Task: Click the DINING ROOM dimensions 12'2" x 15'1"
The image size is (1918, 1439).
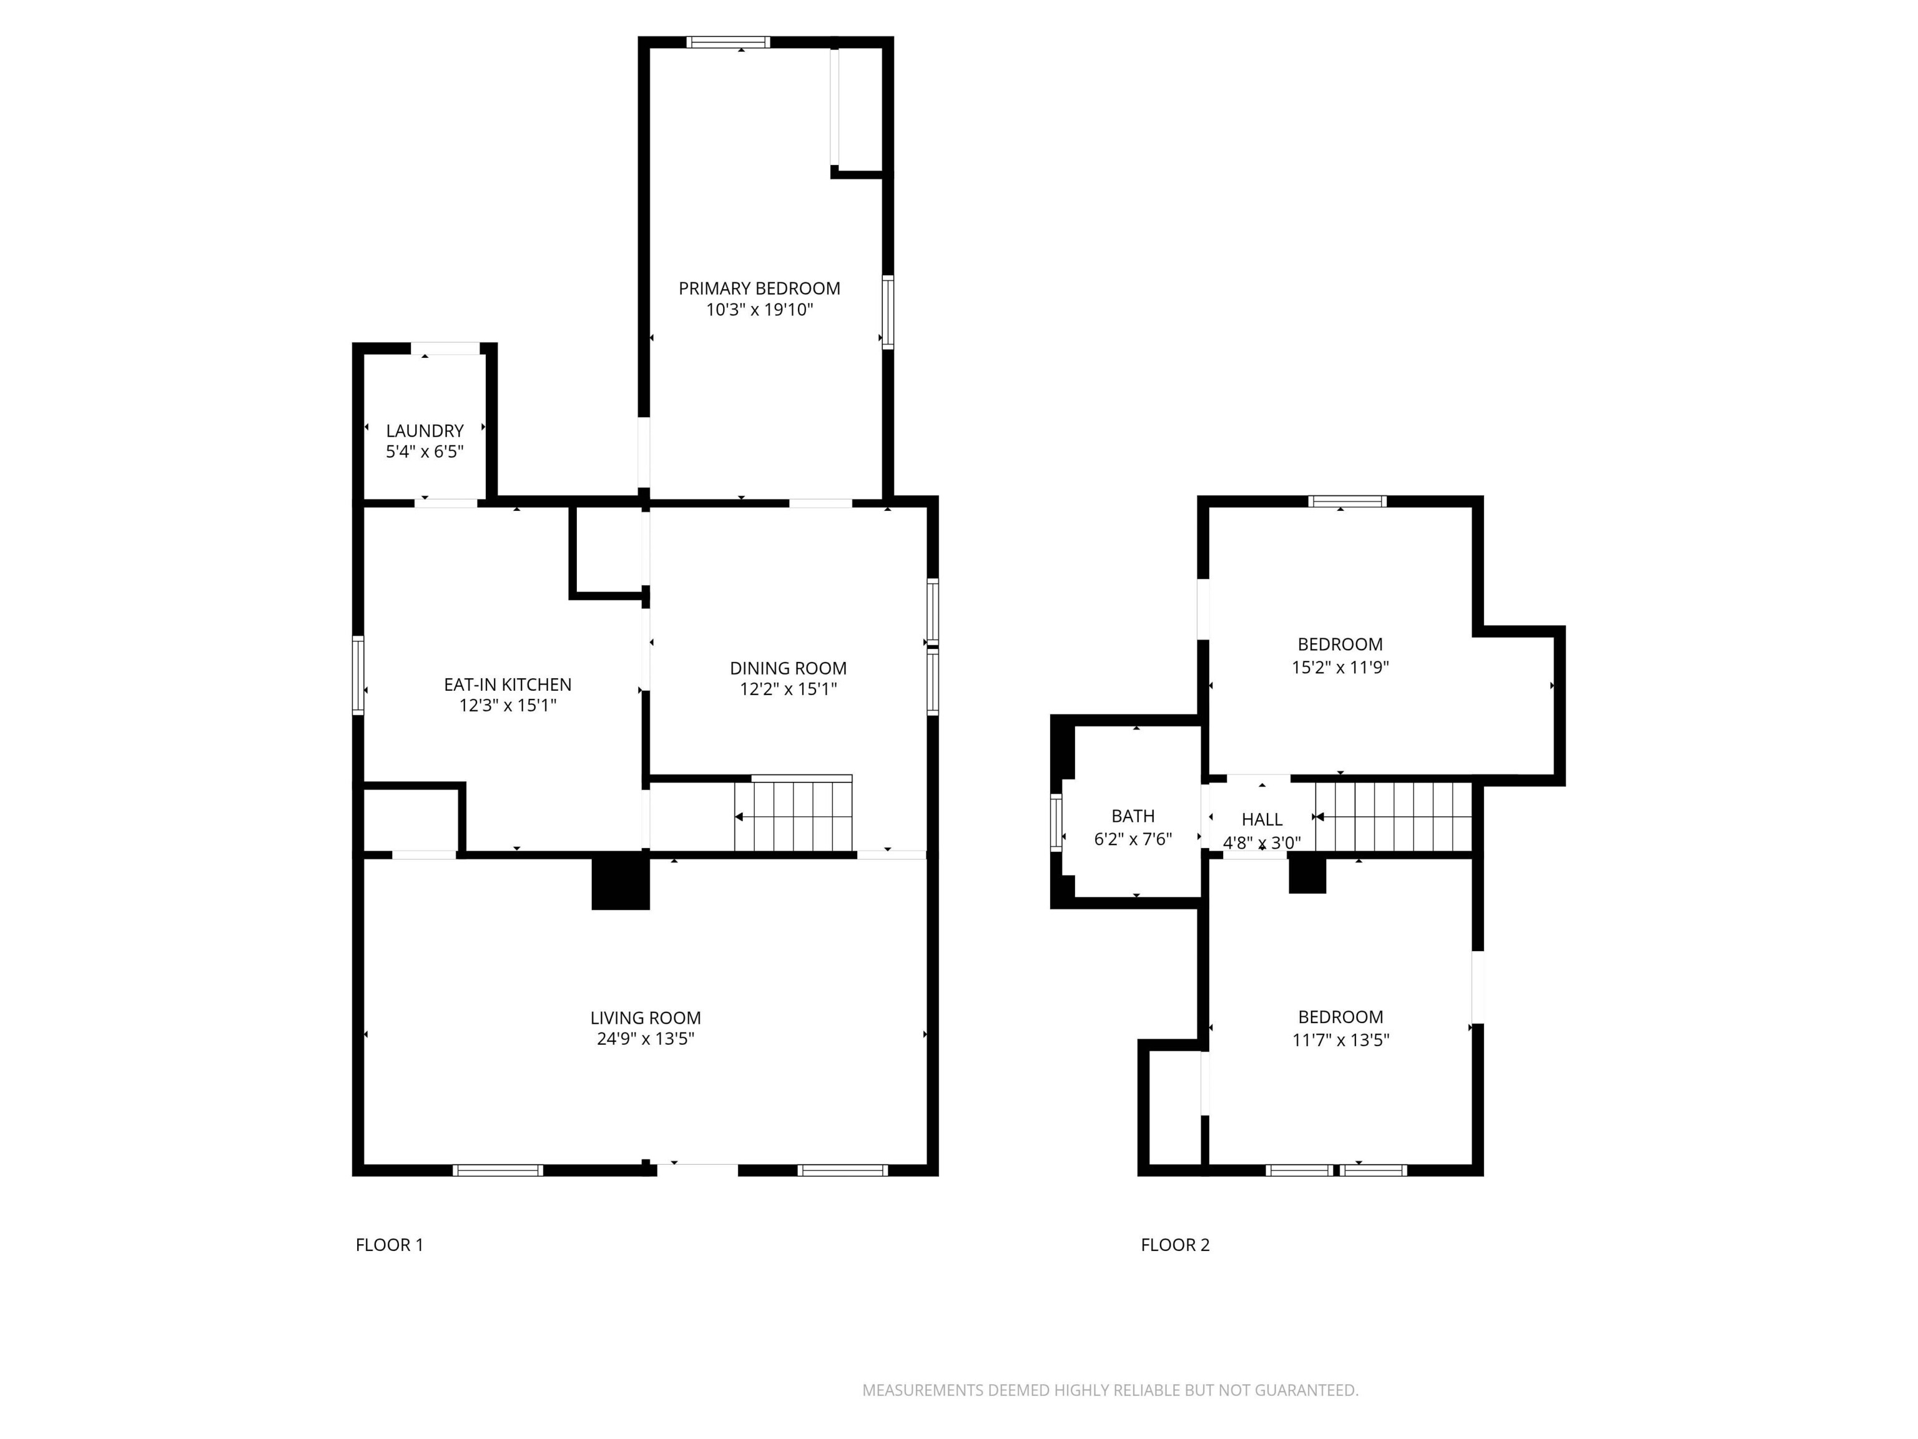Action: (787, 690)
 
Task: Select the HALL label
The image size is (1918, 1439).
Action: (1262, 819)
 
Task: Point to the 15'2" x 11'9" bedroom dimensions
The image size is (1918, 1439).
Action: (1340, 667)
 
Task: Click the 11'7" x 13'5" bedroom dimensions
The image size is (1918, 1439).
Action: (1340, 1040)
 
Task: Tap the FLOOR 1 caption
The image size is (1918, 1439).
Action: (390, 1245)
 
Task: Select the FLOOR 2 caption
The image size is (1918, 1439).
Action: (1175, 1245)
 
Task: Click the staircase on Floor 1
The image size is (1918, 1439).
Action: (794, 815)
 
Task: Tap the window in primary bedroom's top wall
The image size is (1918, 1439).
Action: (729, 42)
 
